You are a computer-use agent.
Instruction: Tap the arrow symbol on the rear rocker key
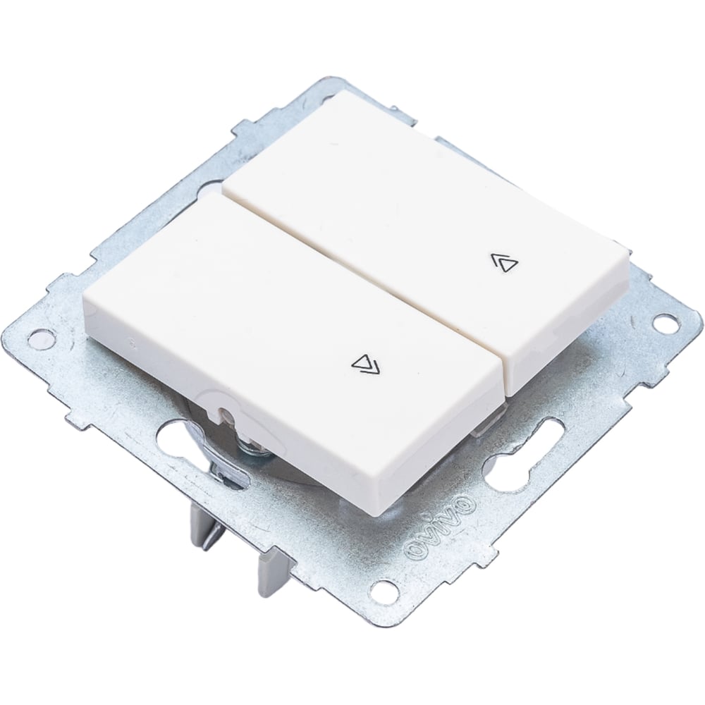(504, 262)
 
